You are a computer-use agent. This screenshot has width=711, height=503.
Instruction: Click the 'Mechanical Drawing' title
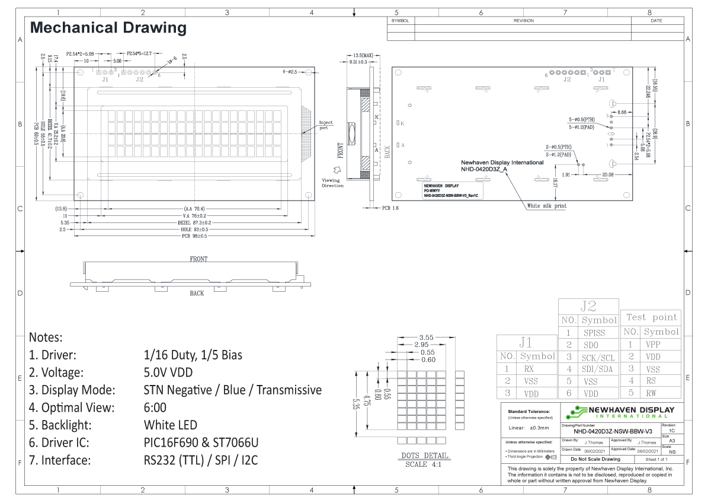pos(108,27)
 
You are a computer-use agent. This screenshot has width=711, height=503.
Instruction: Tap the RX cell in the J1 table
pos(529,368)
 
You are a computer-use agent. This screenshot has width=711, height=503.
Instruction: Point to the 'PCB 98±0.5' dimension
pos(194,236)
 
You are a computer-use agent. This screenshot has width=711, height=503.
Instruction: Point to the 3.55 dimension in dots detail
pos(425,338)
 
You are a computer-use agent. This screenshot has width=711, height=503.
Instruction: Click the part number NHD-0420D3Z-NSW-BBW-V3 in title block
pos(609,431)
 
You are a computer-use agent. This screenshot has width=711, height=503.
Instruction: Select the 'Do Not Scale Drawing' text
pos(594,459)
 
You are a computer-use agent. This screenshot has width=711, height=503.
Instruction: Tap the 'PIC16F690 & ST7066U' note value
pos(201,442)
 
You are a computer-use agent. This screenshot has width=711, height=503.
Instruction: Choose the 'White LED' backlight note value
pos(170,425)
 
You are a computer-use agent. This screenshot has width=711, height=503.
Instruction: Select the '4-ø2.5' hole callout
pos(293,72)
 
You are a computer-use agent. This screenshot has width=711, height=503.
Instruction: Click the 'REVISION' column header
pos(523,20)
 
